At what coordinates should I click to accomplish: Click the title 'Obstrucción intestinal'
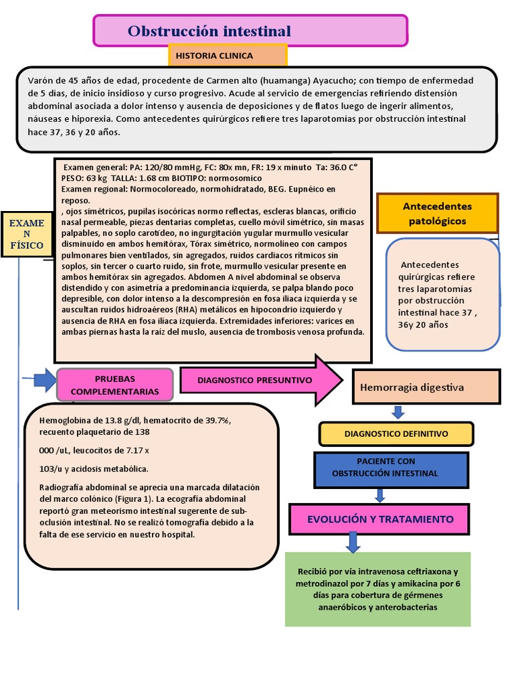[x=209, y=31]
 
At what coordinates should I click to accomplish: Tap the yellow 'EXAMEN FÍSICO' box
[x=26, y=234]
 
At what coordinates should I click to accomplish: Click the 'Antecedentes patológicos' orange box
[x=438, y=213]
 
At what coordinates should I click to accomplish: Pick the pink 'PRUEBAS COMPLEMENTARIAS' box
[x=115, y=385]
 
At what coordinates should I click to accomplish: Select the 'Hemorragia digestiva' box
[x=426, y=387]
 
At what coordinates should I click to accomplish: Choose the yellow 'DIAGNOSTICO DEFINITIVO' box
[x=396, y=433]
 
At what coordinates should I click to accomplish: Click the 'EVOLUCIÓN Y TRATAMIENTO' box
[x=380, y=519]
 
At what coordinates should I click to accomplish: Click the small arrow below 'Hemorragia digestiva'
[x=398, y=412]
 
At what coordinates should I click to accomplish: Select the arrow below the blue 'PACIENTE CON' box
[x=380, y=496]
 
